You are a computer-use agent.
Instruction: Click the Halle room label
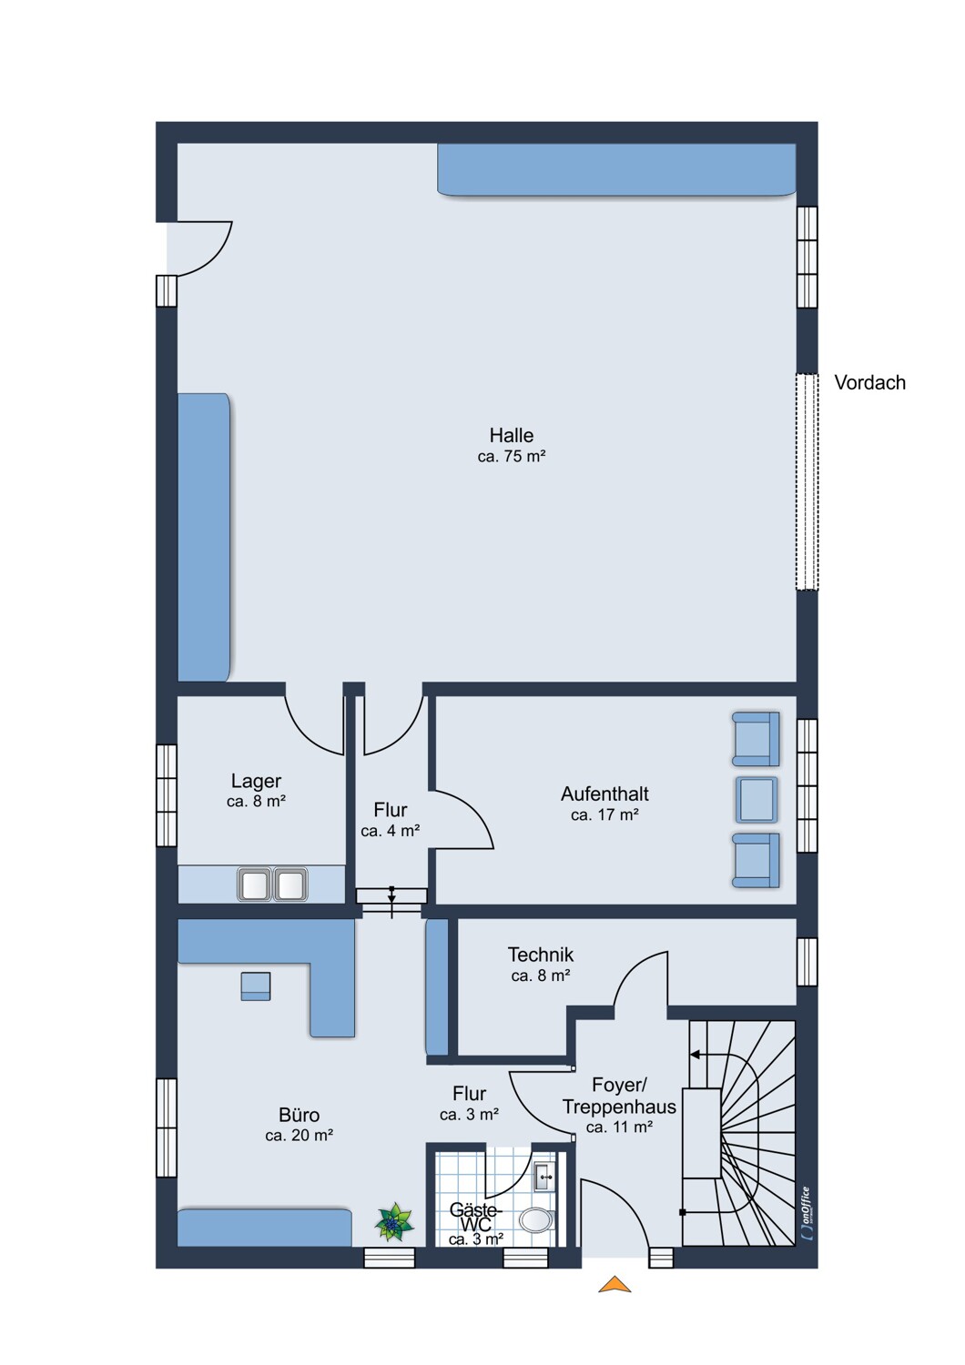(x=511, y=435)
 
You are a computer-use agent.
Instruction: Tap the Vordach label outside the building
(x=869, y=383)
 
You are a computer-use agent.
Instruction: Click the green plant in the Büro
(x=394, y=1222)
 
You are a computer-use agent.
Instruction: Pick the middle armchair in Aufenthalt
(x=757, y=799)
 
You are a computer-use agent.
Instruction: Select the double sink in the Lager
(x=272, y=885)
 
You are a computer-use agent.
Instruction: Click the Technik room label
(x=541, y=955)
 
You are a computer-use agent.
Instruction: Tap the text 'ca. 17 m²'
(x=604, y=814)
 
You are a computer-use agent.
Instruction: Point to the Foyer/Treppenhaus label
(x=619, y=1096)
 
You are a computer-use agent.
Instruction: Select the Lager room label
(x=256, y=781)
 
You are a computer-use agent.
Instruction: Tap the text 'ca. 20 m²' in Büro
(x=299, y=1136)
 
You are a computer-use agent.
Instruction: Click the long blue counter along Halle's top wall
(x=616, y=170)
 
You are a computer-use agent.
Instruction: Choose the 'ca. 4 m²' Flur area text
(x=391, y=831)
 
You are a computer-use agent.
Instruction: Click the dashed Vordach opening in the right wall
(x=807, y=481)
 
